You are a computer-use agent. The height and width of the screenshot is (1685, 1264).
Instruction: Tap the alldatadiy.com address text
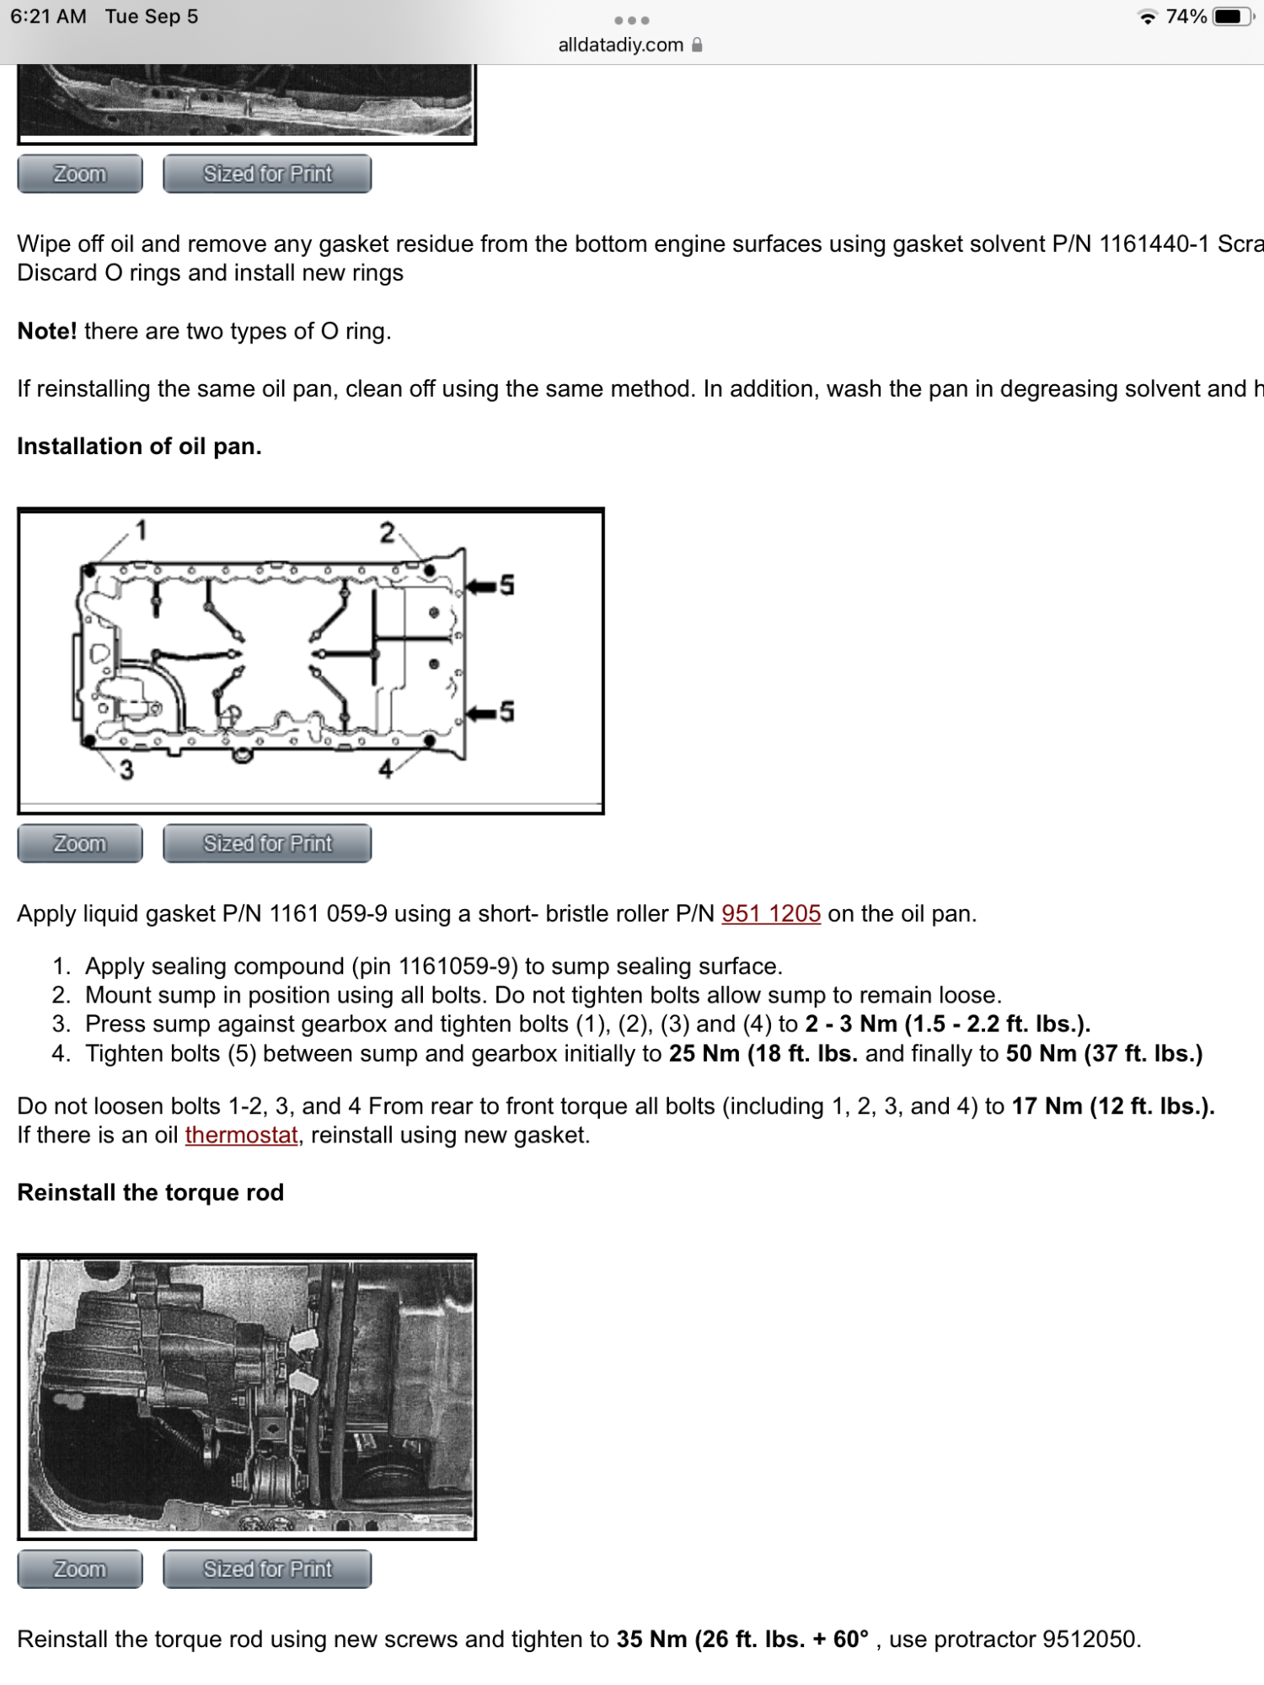coord(620,45)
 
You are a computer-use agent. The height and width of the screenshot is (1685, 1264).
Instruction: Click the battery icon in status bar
coord(1234,17)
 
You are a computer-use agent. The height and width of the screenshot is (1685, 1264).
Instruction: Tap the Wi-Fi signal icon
coord(1147,17)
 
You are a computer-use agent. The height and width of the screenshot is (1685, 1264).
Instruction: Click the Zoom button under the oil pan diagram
coord(80,843)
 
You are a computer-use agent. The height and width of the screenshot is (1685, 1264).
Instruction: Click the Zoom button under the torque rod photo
coord(80,1570)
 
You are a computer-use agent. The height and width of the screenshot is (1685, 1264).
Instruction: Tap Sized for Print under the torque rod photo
coord(267,1570)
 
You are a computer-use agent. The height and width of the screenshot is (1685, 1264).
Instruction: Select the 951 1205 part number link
coord(770,913)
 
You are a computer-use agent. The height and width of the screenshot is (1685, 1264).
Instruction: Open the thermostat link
coord(241,1135)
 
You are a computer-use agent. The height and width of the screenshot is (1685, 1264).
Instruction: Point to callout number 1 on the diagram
coord(141,530)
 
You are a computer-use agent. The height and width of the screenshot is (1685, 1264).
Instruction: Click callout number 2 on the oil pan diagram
coord(387,532)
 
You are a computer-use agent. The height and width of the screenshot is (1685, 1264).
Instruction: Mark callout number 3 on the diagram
coord(126,769)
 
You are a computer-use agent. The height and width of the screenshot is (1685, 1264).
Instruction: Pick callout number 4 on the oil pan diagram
coord(386,768)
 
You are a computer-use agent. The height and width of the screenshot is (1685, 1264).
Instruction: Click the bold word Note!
coord(47,331)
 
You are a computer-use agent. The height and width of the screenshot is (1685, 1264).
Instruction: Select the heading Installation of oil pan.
coord(139,446)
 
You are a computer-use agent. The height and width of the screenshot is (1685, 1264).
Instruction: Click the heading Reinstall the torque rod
coord(150,1192)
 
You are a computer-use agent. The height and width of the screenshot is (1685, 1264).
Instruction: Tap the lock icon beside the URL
coord(697,45)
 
